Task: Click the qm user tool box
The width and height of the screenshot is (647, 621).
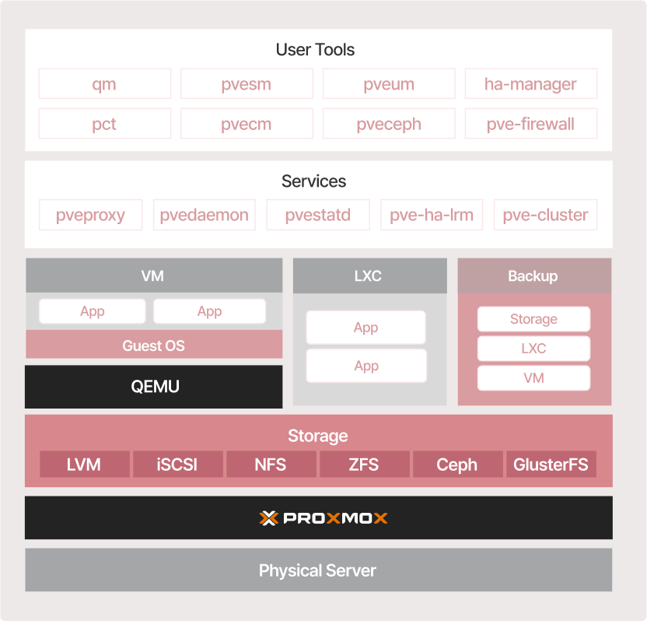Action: (x=105, y=84)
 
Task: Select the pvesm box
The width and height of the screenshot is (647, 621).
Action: (x=247, y=84)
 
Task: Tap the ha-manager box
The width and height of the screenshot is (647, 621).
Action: (x=531, y=84)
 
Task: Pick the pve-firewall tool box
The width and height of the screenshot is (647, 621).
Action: (x=531, y=124)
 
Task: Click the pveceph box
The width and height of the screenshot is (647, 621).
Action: (x=389, y=124)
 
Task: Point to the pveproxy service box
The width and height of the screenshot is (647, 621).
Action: (x=91, y=215)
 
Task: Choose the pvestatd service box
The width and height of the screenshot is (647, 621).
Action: (x=318, y=215)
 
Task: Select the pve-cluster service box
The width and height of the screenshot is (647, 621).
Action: (x=545, y=215)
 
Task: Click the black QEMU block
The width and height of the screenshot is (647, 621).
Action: (x=153, y=387)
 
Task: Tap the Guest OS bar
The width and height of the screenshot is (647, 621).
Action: (x=154, y=345)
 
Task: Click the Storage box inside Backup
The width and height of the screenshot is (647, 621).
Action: (x=534, y=319)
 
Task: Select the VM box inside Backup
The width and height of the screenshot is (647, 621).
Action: (x=534, y=377)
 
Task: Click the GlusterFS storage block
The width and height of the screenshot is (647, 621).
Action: (x=551, y=464)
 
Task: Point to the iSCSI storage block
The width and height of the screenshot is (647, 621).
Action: (x=178, y=464)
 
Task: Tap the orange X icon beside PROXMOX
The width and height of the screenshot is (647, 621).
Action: (x=268, y=517)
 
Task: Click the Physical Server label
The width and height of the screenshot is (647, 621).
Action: (x=317, y=570)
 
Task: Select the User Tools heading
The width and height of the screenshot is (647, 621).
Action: (x=315, y=50)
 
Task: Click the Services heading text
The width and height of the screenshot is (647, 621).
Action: (x=314, y=181)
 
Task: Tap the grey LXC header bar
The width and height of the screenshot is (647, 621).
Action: (x=370, y=275)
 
